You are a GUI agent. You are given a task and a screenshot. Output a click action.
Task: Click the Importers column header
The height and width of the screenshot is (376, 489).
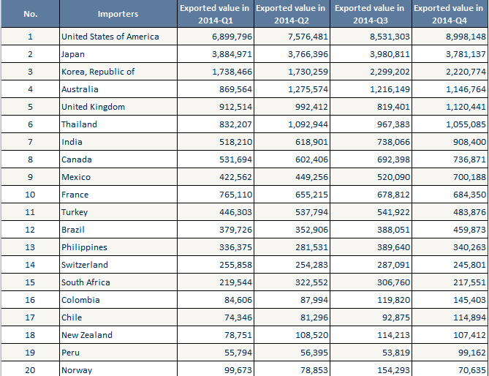[118, 14]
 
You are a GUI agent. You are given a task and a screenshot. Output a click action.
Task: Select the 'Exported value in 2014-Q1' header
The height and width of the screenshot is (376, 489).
[215, 14]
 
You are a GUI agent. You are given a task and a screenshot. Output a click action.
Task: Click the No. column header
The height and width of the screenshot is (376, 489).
[30, 14]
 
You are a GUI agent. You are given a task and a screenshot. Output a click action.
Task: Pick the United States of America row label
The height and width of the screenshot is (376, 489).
[110, 37]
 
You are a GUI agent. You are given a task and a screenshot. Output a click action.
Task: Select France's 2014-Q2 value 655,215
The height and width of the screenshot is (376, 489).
[312, 195]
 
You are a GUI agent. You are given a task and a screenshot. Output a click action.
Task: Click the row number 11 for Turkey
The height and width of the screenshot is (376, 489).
[30, 212]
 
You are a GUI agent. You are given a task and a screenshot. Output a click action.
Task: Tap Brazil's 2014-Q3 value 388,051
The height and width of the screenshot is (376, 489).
[390, 230]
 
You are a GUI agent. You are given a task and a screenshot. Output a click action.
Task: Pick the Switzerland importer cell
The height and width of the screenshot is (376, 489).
[85, 265]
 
